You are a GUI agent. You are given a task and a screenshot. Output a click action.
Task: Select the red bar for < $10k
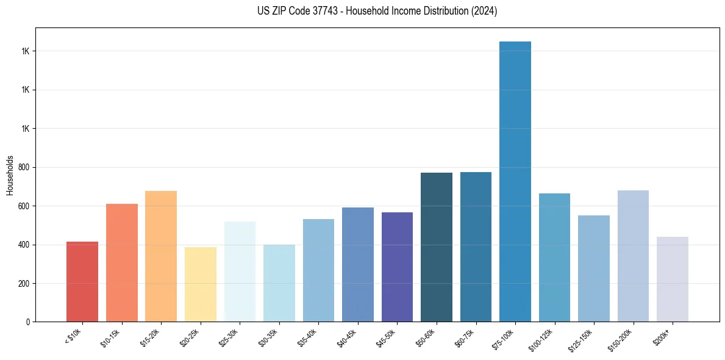click(x=82, y=281)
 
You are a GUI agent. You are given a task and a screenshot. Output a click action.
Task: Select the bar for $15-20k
click(x=161, y=256)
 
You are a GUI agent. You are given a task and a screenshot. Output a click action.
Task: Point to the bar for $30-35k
click(x=279, y=283)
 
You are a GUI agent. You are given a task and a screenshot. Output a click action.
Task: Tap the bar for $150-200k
click(x=633, y=256)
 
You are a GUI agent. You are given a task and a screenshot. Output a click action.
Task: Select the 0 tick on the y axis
click(x=27, y=322)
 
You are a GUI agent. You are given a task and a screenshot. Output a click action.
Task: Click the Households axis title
click(x=10, y=175)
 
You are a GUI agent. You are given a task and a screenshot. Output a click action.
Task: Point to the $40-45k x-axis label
click(x=348, y=338)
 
